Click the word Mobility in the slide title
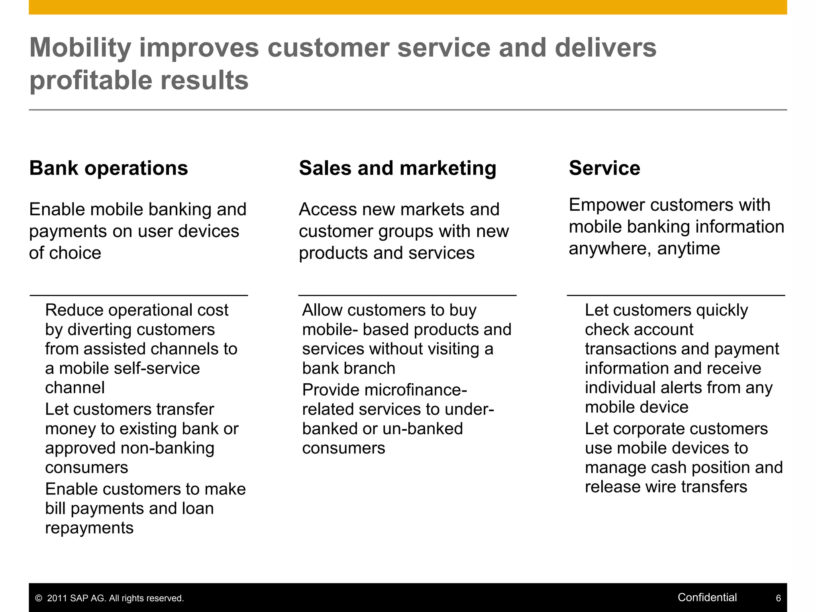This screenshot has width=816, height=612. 80,48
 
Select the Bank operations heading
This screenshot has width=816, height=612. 108,168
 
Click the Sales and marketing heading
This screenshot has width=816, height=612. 398,168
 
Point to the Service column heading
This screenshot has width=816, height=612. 604,168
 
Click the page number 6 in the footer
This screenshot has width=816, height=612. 778,598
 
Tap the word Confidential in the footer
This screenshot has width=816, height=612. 707,597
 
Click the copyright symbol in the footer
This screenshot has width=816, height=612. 39,598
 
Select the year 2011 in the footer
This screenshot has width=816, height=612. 57,598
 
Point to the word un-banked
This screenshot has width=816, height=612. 422,429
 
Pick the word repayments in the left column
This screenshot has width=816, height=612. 89,528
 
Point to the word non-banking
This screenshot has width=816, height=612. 167,448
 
